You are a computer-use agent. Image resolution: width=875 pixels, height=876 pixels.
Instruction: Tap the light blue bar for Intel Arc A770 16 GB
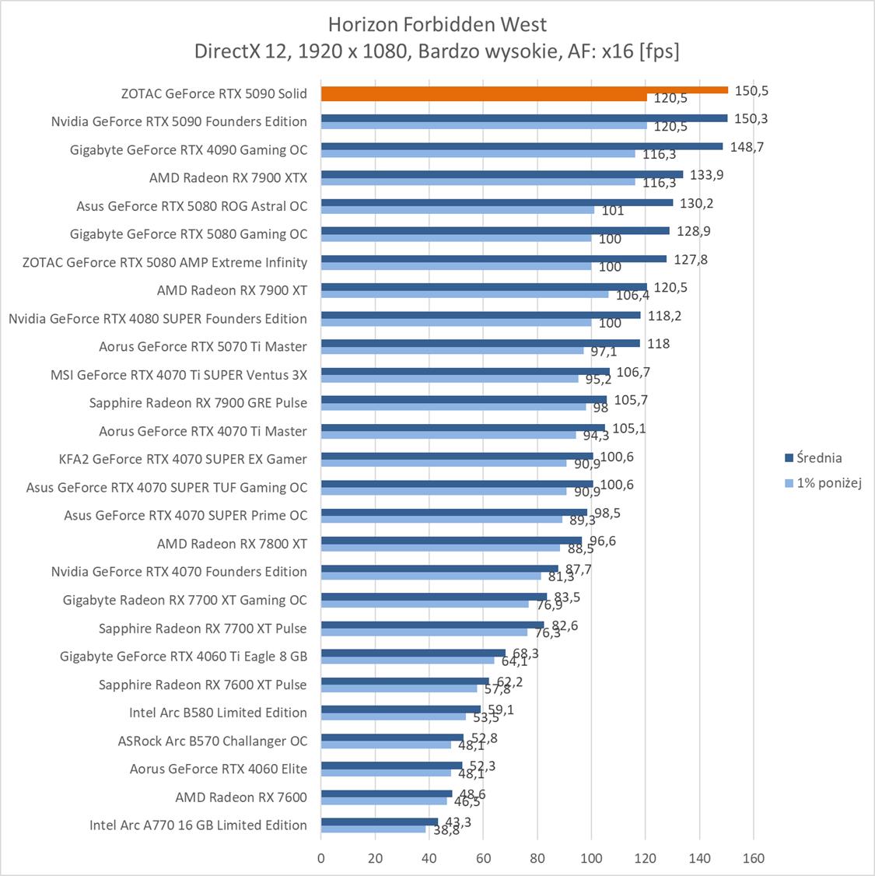click(373, 829)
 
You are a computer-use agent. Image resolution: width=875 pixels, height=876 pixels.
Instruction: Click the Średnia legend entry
click(817, 458)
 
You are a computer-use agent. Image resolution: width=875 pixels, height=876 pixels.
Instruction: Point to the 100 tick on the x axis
click(591, 859)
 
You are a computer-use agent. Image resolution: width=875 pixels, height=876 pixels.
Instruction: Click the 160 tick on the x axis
click(753, 859)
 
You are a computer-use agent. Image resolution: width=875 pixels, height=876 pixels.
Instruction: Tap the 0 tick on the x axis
click(321, 859)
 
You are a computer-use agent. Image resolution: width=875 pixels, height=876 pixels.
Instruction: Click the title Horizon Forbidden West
click(437, 24)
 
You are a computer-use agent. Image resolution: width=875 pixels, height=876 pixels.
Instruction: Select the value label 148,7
click(747, 147)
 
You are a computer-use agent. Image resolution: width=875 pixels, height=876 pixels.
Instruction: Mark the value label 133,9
click(706, 175)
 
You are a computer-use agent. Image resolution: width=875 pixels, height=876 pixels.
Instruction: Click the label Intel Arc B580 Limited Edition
click(218, 713)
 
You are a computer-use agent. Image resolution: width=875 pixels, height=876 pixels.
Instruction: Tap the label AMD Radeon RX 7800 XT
click(232, 544)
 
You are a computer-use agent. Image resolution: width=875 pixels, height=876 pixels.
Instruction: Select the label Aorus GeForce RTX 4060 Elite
click(218, 769)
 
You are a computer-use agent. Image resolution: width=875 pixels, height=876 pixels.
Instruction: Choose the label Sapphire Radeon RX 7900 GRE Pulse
click(198, 403)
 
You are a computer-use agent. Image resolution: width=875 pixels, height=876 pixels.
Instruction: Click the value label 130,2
click(696, 203)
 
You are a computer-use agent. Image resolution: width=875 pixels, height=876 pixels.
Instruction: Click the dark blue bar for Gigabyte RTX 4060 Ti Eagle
click(413, 653)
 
